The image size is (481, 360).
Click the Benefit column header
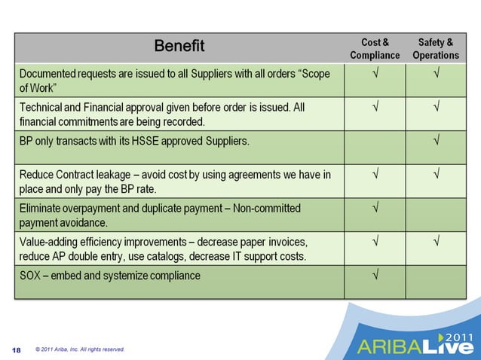(179, 47)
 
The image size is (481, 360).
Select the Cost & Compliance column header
(375, 48)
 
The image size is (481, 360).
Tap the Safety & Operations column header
(436, 48)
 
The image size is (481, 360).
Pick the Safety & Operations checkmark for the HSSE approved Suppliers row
(436, 141)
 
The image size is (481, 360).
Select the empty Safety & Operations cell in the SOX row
(436, 282)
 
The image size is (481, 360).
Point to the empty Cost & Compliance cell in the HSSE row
(375, 146)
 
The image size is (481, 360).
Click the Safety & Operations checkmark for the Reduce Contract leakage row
(436, 175)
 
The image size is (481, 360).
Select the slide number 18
(17, 349)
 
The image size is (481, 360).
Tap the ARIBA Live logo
(415, 345)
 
